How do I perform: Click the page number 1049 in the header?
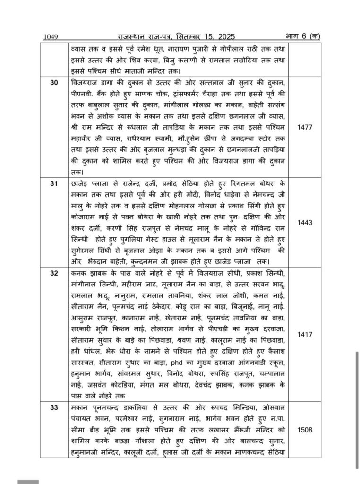tap(50, 36)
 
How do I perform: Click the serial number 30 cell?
tap(54, 82)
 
